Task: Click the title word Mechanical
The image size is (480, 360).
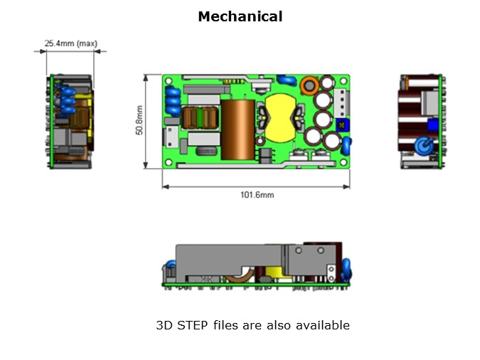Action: coord(240,16)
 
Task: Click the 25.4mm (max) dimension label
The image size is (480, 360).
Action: coord(70,43)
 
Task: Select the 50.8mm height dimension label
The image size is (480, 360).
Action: coord(139,122)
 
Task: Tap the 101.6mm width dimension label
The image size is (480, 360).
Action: coord(257,194)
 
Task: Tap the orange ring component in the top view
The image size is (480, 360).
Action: coord(309,87)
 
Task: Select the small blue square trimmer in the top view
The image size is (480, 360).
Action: coord(345,125)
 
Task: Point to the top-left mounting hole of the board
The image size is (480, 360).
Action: coord(168,80)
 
